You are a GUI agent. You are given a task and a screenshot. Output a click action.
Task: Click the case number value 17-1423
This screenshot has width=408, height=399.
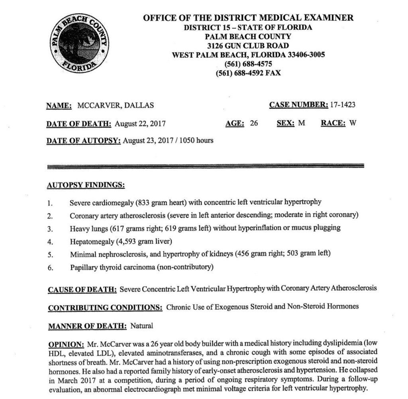343,105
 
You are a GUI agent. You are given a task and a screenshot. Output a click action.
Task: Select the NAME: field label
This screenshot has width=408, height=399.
59,106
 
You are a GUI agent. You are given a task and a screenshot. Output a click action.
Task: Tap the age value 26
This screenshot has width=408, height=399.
254,123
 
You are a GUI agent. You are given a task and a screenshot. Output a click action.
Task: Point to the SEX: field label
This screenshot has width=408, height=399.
286,123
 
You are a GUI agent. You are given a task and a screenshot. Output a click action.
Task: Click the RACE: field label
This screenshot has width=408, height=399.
333,123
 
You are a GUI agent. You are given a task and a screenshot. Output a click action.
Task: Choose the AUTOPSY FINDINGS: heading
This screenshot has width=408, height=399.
85,185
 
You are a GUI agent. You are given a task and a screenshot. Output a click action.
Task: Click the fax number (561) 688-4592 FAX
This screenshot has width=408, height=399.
248,73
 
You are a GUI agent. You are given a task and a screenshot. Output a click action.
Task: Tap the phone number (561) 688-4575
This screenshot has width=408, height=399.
248,64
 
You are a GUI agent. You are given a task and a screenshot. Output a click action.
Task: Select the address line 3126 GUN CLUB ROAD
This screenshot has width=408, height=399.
248,46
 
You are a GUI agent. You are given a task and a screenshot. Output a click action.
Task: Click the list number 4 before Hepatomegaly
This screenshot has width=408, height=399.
50,241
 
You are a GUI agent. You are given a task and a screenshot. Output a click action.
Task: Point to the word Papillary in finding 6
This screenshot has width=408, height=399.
84,267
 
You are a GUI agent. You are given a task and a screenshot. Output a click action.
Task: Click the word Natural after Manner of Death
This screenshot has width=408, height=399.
141,326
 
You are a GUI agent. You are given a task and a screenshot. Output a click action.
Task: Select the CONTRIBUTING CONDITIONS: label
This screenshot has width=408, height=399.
105,307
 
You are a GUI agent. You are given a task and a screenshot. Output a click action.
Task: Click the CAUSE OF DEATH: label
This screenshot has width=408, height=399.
82,289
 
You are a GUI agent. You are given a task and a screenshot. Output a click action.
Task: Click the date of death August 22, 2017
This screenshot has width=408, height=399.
140,123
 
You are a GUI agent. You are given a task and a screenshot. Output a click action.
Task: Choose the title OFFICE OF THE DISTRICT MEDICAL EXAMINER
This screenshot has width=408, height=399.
248,18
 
